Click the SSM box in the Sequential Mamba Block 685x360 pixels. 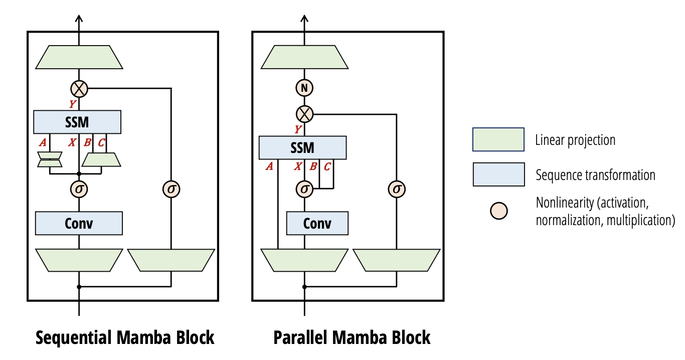click(x=77, y=122)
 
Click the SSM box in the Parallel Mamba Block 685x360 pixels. click(x=302, y=148)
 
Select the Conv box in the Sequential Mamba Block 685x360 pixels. click(x=79, y=223)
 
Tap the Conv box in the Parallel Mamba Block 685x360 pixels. click(x=317, y=223)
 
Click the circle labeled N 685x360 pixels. click(x=304, y=88)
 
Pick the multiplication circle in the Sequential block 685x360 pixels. click(x=79, y=89)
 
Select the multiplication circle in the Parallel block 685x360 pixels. click(x=304, y=114)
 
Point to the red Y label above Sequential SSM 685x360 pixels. click(x=73, y=104)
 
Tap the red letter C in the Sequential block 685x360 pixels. click(x=101, y=143)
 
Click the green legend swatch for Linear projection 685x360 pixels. click(x=498, y=139)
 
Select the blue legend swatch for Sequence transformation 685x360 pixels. click(x=498, y=174)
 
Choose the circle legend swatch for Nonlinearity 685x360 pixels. click(x=498, y=211)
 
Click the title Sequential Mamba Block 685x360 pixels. click(x=125, y=337)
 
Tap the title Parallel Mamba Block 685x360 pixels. click(x=352, y=337)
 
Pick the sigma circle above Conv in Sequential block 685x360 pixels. click(x=79, y=189)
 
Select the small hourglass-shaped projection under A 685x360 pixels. click(x=50, y=159)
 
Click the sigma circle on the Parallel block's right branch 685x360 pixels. click(x=397, y=189)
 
